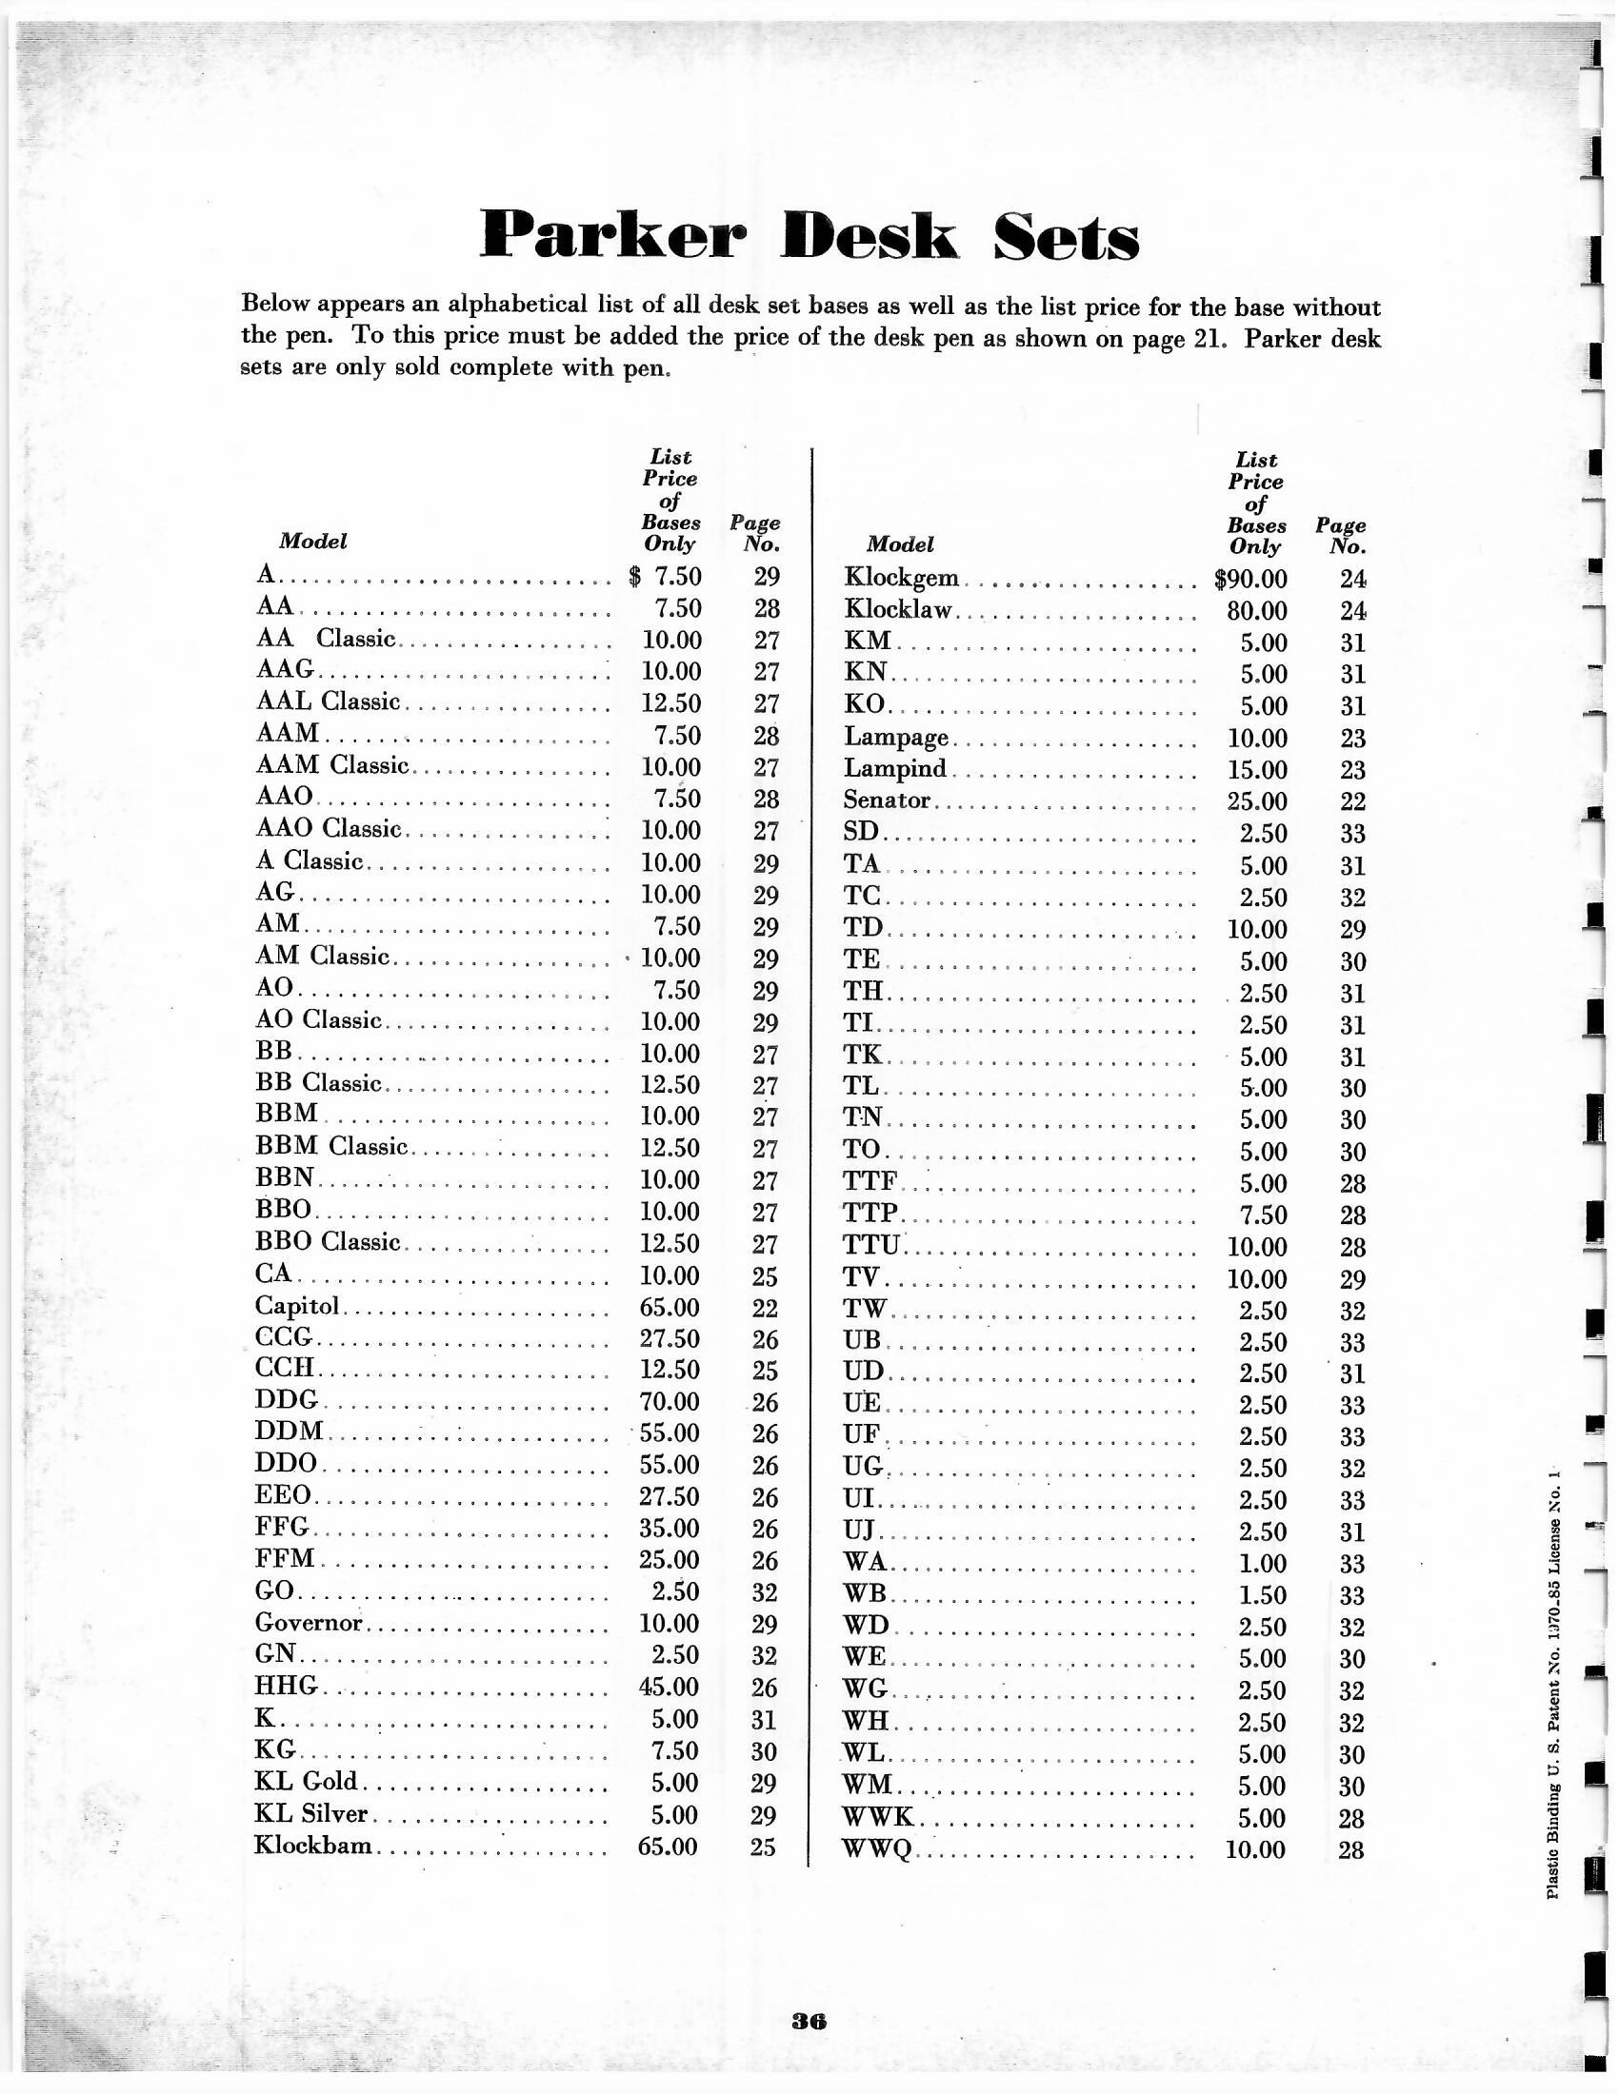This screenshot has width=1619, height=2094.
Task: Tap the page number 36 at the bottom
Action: pos(809,2021)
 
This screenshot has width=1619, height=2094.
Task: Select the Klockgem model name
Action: pos(901,578)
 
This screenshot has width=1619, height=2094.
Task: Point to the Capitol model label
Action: pos(297,1307)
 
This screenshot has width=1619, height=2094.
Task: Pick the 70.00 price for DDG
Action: pos(670,1402)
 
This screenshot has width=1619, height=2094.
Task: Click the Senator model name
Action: pos(887,800)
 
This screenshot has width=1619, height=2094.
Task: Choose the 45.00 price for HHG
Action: pos(669,1687)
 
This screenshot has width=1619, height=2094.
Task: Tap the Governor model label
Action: pos(309,1623)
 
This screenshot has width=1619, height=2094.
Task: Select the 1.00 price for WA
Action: pos(1262,1564)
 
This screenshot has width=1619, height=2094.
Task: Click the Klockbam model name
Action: pos(312,1846)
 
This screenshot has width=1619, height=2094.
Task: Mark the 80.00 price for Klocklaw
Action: pos(1255,611)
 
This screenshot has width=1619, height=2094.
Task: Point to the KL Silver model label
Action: pos(310,1814)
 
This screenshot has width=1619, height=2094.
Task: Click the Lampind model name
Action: pos(895,769)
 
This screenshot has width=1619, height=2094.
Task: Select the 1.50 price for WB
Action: pos(1262,1595)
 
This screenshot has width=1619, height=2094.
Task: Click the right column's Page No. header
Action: pos(1341,537)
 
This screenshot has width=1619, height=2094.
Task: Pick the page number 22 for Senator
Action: pos(1351,801)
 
